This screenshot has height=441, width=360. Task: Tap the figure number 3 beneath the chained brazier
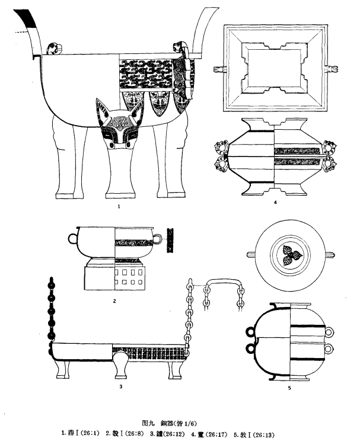pos(120,386)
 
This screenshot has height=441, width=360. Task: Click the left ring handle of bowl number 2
pos(72,238)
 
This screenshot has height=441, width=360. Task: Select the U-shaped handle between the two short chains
pos(223,286)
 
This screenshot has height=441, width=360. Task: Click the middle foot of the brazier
pos(120,367)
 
